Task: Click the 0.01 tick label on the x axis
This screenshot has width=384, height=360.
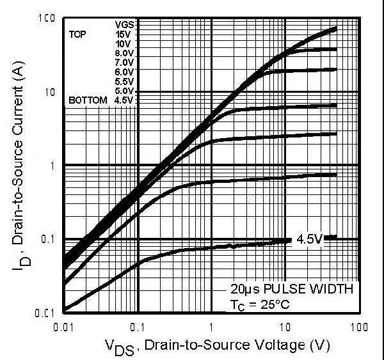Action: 65,327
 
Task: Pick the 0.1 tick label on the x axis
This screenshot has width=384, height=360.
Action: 138,327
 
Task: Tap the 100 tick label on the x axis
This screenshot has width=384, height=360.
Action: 358,327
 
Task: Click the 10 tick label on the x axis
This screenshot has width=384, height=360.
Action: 285,327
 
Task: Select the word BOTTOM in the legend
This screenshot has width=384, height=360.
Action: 88,101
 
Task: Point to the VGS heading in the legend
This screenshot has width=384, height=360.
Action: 125,24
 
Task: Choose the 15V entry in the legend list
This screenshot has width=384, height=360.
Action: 125,34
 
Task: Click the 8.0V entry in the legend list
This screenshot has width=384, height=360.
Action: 125,53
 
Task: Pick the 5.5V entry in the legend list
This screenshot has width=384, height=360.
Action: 125,82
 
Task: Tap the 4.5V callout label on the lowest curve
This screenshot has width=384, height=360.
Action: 308,240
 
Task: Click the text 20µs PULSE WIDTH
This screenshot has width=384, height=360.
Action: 292,288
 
